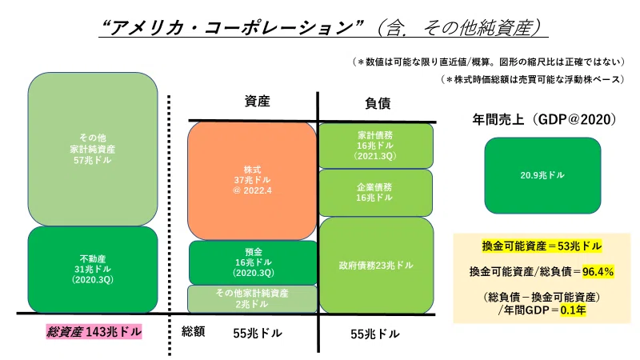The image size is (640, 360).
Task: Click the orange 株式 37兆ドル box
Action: click(x=252, y=181)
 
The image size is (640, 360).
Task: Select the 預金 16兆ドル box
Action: click(x=253, y=262)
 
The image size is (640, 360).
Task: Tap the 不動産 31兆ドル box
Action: click(x=93, y=270)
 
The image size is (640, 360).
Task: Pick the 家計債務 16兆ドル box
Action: click(x=375, y=146)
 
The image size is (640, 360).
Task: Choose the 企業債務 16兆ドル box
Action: click(x=375, y=193)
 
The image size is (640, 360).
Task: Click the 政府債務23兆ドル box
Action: click(x=376, y=266)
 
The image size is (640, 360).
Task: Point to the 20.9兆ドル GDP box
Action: click(x=542, y=175)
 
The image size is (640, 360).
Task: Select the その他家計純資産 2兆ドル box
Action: click(x=252, y=298)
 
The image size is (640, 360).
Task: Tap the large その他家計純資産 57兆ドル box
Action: click(x=93, y=149)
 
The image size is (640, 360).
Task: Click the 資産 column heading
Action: click(x=257, y=102)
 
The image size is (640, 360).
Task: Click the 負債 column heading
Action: click(x=378, y=103)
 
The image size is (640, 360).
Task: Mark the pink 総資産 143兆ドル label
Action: click(x=94, y=332)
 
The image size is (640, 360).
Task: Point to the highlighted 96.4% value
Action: click(x=598, y=271)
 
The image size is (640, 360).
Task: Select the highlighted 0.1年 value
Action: click(x=573, y=310)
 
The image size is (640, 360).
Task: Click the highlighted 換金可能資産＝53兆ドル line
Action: click(x=542, y=246)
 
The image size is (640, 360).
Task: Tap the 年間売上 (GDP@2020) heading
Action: click(x=544, y=119)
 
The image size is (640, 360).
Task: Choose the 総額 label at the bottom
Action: click(x=193, y=331)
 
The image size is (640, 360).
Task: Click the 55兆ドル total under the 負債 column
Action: click(x=374, y=334)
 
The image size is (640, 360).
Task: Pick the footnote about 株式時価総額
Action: click(x=533, y=79)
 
